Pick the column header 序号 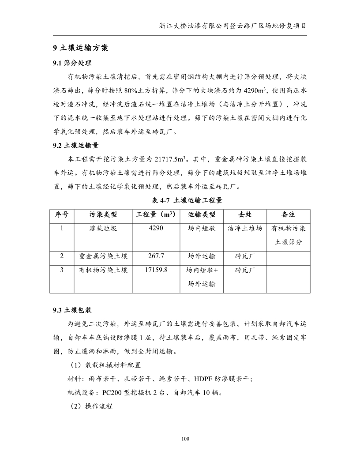point(61,214)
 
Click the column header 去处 point(245,214)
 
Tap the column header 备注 point(288,214)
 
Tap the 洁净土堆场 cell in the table point(245,229)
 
